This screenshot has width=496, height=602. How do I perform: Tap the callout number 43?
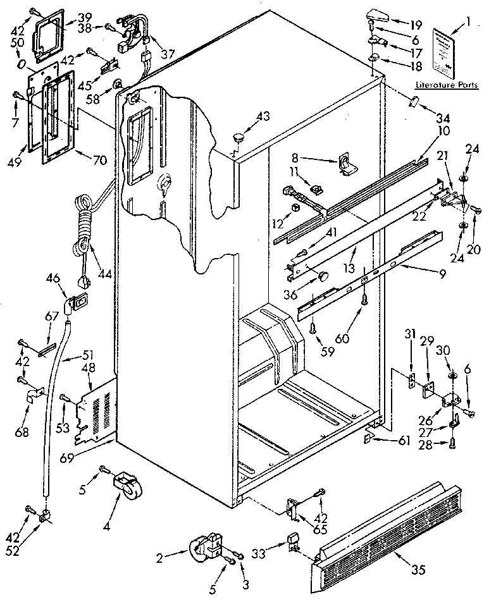263,115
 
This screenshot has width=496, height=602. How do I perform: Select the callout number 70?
99,160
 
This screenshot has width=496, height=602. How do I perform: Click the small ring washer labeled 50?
22,64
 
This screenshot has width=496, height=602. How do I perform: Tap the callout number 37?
167,55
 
